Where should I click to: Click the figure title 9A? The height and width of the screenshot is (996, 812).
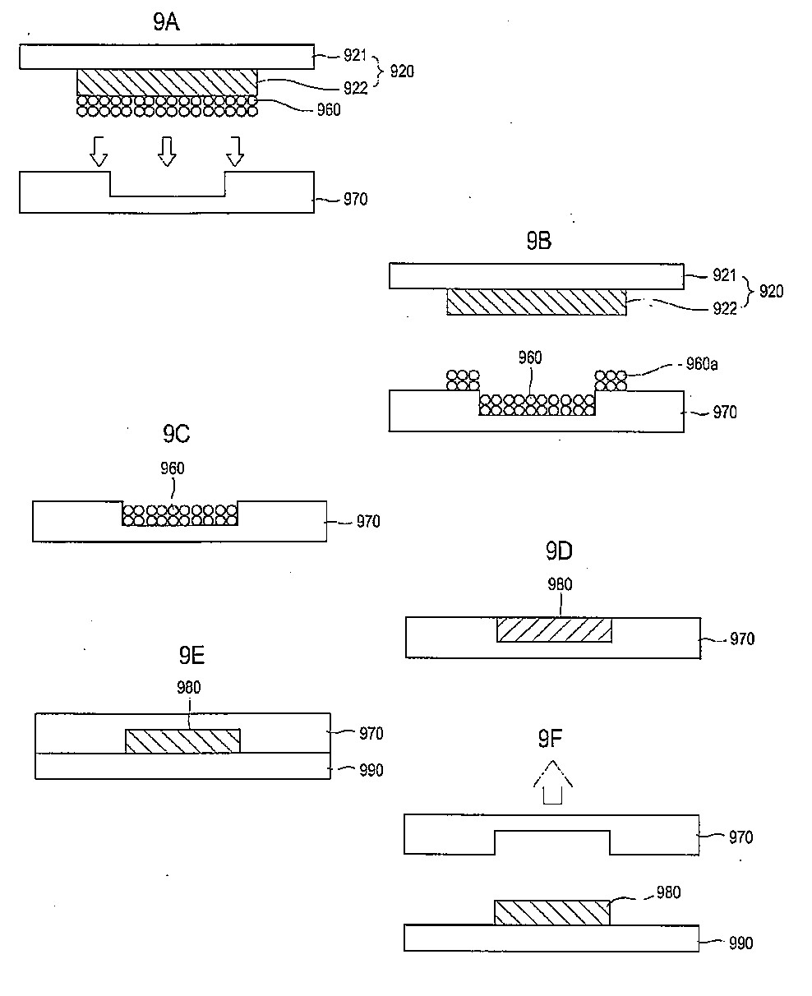tap(166, 21)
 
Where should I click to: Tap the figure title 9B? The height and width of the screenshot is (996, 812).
tap(538, 241)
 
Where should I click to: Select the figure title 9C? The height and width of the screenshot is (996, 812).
tap(176, 434)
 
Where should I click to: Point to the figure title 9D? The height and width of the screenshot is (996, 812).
tap(559, 551)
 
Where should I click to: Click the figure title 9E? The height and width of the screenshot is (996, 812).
tap(191, 655)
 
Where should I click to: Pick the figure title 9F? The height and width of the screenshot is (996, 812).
tap(550, 739)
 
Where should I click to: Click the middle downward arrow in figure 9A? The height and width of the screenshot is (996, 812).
tap(167, 151)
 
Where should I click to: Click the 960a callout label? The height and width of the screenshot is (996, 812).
tap(702, 364)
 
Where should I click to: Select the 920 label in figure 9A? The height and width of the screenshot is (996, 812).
tap(402, 71)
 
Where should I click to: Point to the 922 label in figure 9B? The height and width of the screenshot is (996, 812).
tap(725, 308)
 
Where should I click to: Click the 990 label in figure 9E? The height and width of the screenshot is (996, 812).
tap(371, 770)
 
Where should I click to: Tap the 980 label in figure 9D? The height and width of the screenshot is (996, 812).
tap(560, 584)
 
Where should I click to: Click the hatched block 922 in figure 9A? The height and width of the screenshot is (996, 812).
tap(167, 82)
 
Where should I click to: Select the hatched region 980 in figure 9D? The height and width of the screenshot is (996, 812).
tap(554, 629)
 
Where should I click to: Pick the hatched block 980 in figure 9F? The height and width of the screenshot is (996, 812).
tap(551, 912)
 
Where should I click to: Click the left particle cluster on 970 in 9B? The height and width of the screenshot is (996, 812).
tap(463, 380)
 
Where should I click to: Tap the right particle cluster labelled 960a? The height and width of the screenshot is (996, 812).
tap(611, 380)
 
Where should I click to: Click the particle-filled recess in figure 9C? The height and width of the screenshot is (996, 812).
tap(180, 514)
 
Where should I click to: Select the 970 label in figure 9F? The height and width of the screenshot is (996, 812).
tap(740, 837)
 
